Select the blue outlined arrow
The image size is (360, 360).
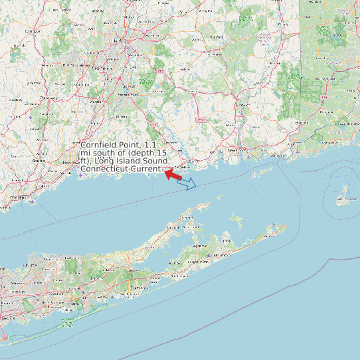coord(187,183)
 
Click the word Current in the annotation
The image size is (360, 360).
coord(144,169)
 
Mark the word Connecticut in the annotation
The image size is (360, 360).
coord(103,169)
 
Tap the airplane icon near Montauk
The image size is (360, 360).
coord(274,226)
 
